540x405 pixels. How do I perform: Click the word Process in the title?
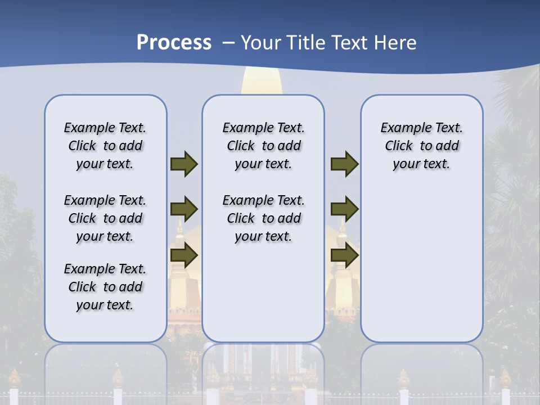pyautogui.click(x=174, y=43)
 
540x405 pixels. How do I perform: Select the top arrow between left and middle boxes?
pyautogui.click(x=184, y=164)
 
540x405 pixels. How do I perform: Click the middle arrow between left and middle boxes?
pyautogui.click(x=184, y=209)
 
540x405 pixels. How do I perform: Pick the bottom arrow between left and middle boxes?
pyautogui.click(x=184, y=255)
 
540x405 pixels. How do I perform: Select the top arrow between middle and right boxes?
pyautogui.click(x=344, y=164)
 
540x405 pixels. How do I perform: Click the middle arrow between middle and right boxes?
pyautogui.click(x=344, y=209)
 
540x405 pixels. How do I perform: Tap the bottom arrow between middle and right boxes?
pyautogui.click(x=344, y=255)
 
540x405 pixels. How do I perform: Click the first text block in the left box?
pyautogui.click(x=105, y=146)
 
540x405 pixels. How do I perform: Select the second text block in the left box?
pyautogui.click(x=105, y=218)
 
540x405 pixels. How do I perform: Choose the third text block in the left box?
pyautogui.click(x=105, y=287)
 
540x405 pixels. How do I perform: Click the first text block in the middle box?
pyautogui.click(x=263, y=146)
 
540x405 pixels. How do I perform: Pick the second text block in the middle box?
pyautogui.click(x=263, y=218)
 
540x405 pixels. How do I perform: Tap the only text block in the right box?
pyautogui.click(x=421, y=146)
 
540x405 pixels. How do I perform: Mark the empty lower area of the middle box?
pyautogui.click(x=263, y=292)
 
